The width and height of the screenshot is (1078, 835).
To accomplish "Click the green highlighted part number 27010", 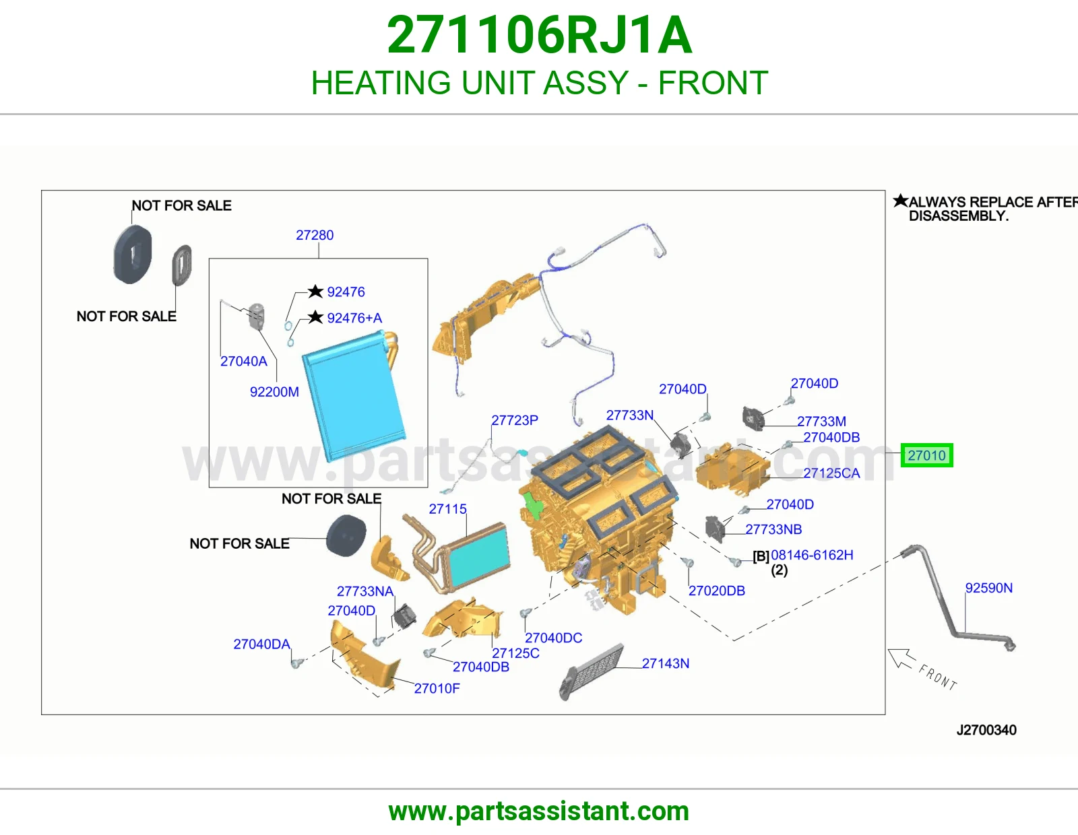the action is (926, 455).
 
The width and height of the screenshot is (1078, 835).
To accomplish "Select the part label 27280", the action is (315, 235).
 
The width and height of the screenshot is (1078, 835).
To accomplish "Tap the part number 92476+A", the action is (354, 318).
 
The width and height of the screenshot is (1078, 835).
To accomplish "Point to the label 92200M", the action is (274, 392).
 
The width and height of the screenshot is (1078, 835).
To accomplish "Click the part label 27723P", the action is (515, 420).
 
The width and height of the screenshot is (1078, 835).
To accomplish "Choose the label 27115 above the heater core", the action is (447, 508).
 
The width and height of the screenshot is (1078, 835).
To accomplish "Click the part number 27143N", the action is (665, 663).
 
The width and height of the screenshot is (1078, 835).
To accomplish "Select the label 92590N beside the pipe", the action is (988, 588).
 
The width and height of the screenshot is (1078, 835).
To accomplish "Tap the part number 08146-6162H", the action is (812, 555).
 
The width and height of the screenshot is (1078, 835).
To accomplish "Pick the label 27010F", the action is (437, 688).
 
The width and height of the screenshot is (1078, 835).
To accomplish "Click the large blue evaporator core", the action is (354, 397).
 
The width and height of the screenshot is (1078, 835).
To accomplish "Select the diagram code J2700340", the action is (986, 730).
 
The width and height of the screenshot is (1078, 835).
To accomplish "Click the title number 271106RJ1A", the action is (539, 35).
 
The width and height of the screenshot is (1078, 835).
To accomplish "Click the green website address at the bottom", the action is (539, 811).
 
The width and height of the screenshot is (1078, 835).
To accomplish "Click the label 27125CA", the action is (831, 473).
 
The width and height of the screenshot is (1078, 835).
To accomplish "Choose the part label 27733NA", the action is (364, 591).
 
